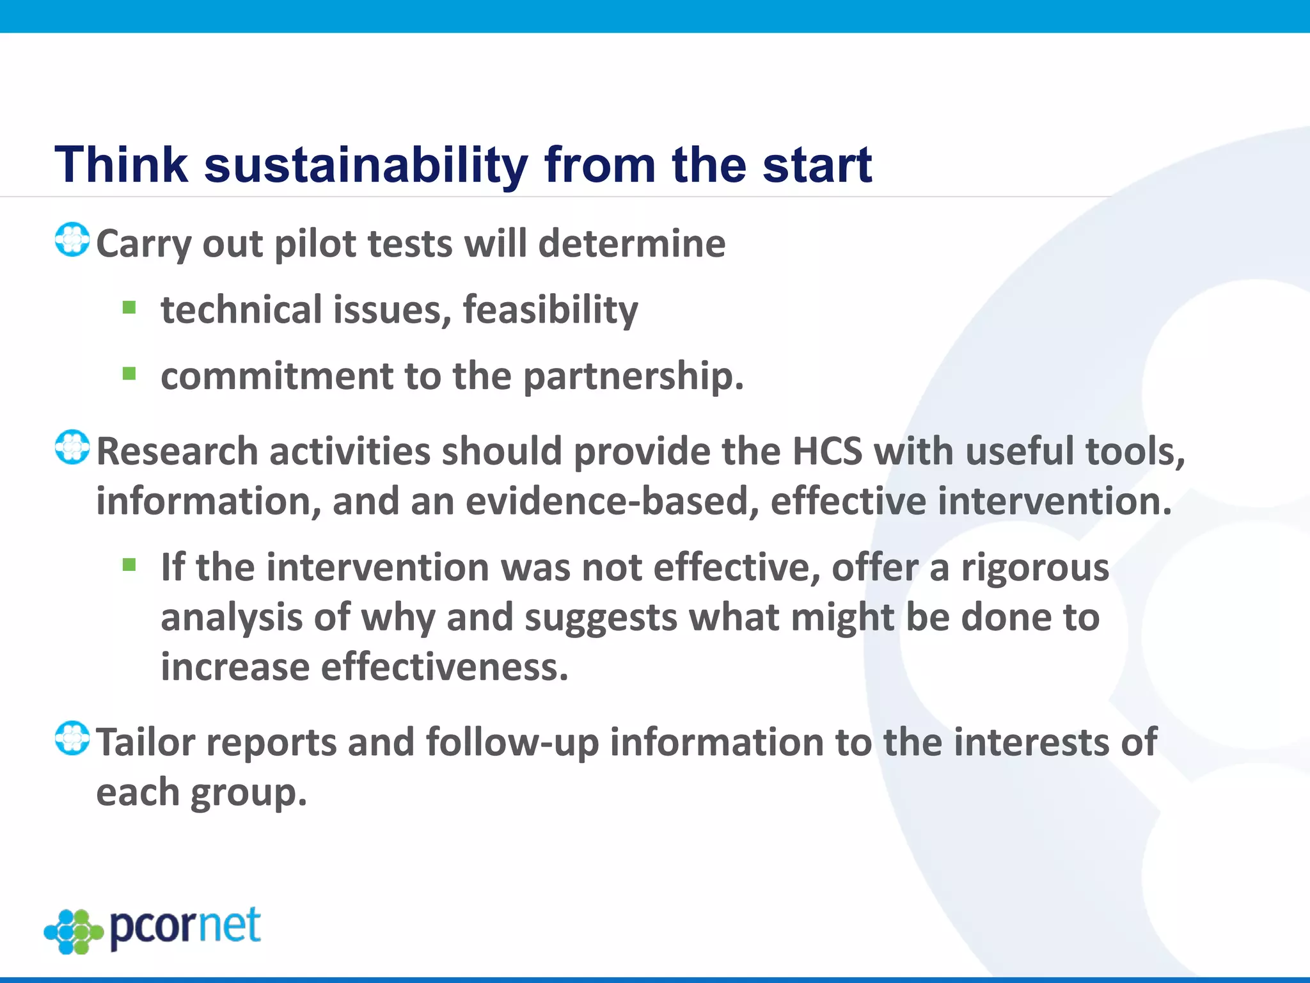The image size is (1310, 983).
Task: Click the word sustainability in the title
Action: [x=366, y=165]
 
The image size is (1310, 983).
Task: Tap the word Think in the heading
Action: [x=121, y=165]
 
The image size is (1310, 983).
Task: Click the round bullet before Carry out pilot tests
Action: [x=72, y=240]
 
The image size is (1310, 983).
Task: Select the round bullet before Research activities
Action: [x=72, y=447]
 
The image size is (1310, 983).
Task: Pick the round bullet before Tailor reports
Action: [x=72, y=739]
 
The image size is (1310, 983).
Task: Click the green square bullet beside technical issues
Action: [x=129, y=308]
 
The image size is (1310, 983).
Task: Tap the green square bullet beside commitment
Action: [x=129, y=373]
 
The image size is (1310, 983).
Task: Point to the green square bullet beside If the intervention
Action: [x=129, y=565]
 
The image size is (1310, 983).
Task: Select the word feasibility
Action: [x=550, y=311]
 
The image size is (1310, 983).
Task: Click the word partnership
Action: [x=633, y=376]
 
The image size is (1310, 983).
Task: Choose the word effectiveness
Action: [x=444, y=667]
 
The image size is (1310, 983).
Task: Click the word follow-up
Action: [x=512, y=742]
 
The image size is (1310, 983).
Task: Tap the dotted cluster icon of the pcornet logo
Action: [x=74, y=931]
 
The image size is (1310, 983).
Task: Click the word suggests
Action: [x=601, y=618]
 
